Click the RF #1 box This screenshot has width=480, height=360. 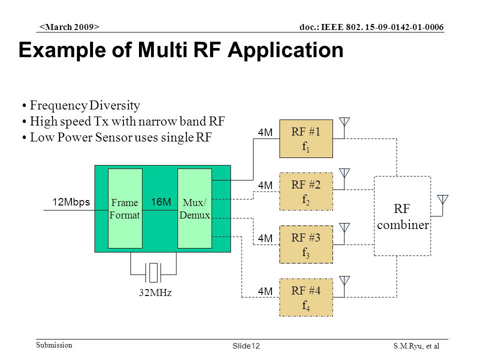click(306, 138)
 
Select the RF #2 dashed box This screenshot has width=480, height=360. click(306, 191)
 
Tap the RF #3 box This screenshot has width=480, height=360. click(306, 244)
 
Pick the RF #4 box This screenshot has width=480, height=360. click(306, 297)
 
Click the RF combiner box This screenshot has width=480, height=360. click(402, 216)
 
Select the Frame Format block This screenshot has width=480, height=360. click(125, 208)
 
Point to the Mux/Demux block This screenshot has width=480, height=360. click(194, 208)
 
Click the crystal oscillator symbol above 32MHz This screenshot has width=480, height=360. click(153, 272)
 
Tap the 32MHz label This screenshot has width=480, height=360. click(155, 292)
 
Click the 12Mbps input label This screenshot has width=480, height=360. click(71, 202)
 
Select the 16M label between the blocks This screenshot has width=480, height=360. click(160, 202)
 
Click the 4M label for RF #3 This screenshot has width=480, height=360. click(265, 238)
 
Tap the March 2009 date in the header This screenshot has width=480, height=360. click(69, 27)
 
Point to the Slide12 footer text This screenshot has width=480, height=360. click(246, 346)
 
